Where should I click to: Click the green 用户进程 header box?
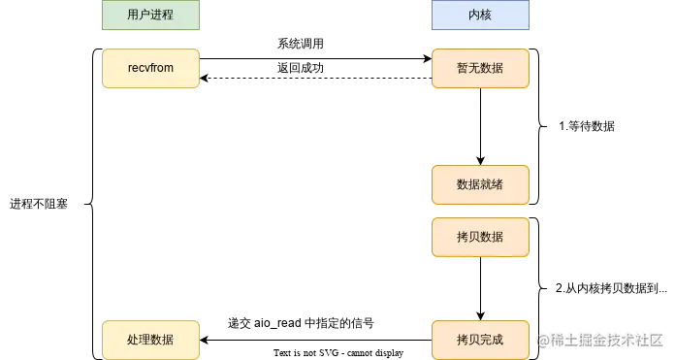click(150, 15)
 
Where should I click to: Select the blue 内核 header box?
click(480, 15)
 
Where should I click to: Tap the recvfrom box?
click(150, 69)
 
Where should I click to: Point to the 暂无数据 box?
click(480, 69)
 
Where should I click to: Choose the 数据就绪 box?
click(480, 184)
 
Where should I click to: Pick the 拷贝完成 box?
click(480, 340)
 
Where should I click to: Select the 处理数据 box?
click(150, 340)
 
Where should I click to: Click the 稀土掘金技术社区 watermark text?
click(605, 340)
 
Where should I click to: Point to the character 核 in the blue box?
click(486, 15)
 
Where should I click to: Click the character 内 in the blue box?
click(474, 15)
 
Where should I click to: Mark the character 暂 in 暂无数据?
click(463, 69)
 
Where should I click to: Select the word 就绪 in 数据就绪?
click(492, 184)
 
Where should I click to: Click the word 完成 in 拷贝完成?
click(492, 340)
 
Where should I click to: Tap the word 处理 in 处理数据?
click(139, 340)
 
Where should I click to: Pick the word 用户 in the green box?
click(139, 15)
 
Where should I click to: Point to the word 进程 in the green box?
click(162, 15)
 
